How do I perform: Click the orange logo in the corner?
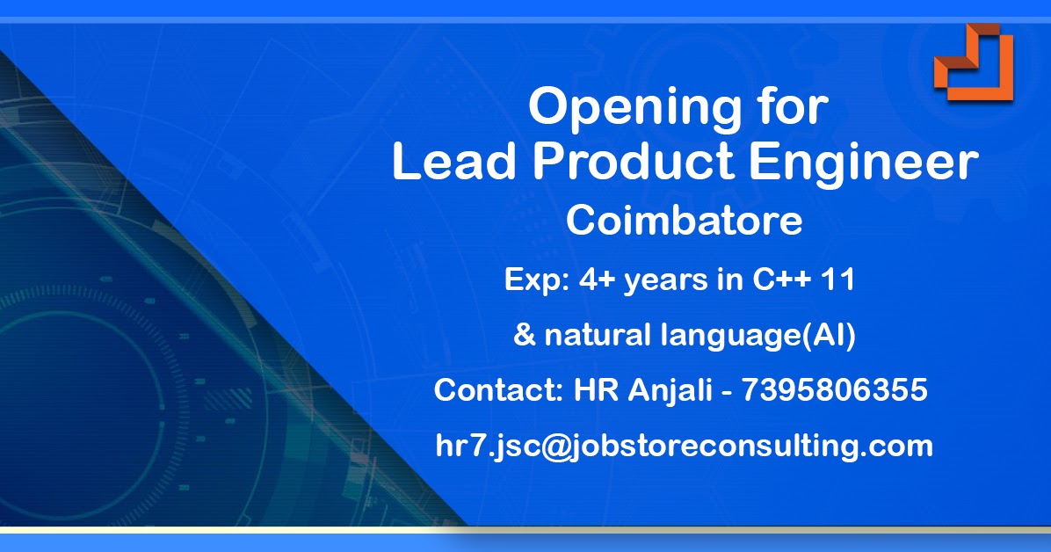[x=973, y=62]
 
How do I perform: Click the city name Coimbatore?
[x=685, y=221]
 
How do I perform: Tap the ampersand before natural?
[x=524, y=336]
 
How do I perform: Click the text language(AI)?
[x=757, y=337]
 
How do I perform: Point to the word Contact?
[x=498, y=389]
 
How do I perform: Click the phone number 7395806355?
[x=835, y=389]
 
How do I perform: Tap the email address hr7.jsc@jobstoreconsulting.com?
[x=684, y=446]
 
